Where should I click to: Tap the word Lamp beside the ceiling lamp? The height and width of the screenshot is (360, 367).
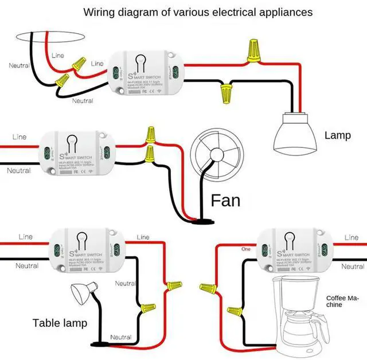[337, 136]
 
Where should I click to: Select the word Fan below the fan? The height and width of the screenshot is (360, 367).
[225, 200]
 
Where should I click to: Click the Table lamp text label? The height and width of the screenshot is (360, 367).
[60, 323]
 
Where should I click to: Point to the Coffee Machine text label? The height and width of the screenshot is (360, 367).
[342, 301]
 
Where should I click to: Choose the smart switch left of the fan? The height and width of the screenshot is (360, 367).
[75, 153]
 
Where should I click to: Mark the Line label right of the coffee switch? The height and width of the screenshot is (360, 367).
[351, 237]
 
